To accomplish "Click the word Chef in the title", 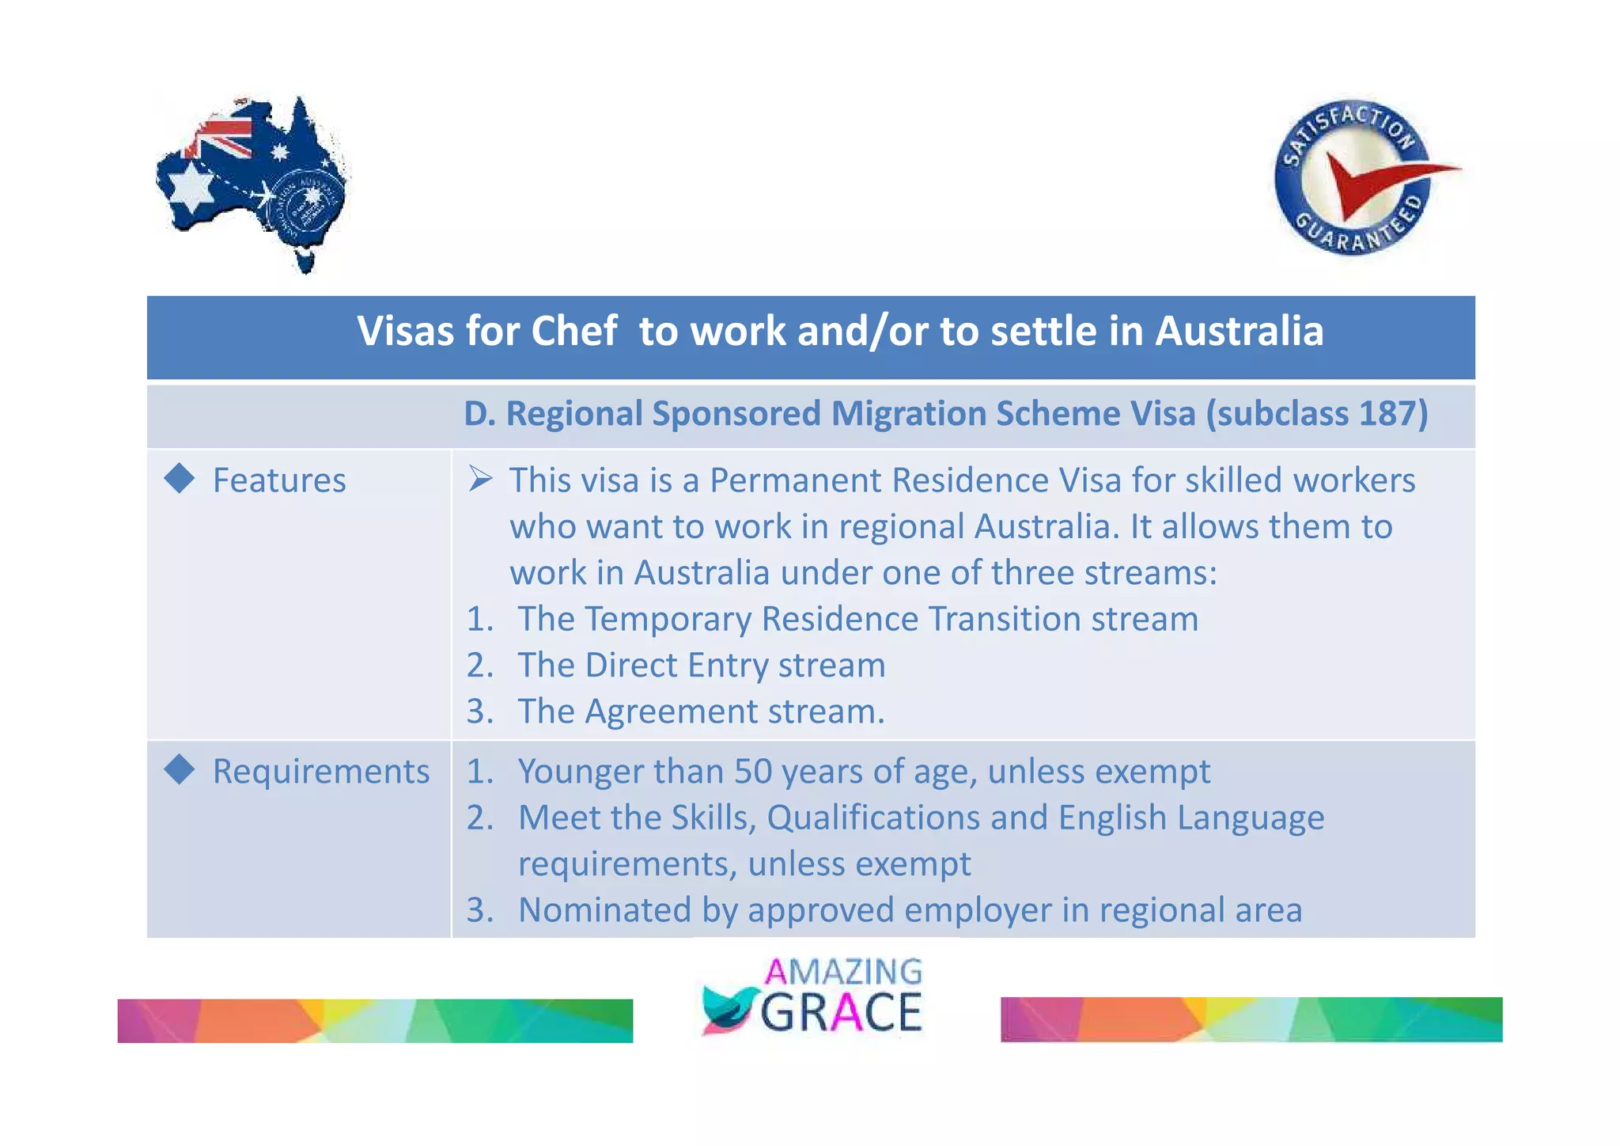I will coord(573,331).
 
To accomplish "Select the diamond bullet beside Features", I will coord(180,478).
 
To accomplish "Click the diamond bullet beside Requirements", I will coord(180,769).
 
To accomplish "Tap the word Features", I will coord(279,480).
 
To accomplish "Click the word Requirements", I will coord(321,772).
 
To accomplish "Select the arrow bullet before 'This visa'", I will coord(480,478).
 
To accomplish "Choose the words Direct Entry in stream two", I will coord(676,666).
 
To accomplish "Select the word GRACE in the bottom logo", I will coord(842,1012).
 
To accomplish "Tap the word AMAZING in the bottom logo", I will coord(843,971).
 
